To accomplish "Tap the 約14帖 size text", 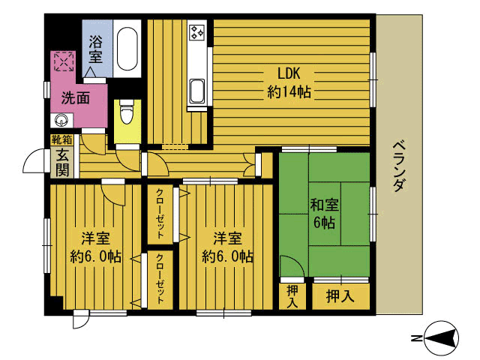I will point(289,92).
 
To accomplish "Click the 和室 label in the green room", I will point(324,204).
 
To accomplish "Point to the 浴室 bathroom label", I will point(96,49).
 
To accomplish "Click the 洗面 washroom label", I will point(76,97).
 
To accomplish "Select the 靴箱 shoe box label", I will point(61,140).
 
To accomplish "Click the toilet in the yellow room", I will point(126,113).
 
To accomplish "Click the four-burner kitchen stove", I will point(198,32).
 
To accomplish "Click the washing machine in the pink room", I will point(63,61).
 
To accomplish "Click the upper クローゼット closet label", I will point(160,212).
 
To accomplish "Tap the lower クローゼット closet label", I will point(160,277).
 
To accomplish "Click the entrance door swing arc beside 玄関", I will point(34,160).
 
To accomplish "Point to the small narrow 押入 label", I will point(292,296).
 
